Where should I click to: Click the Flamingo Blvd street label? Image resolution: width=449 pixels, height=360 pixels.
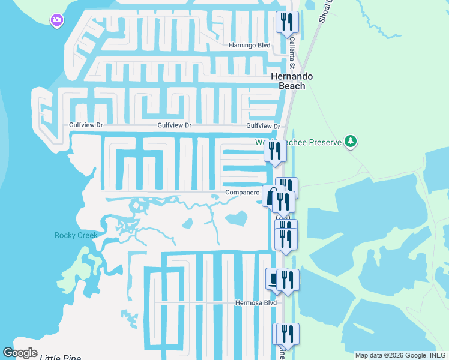(249, 46)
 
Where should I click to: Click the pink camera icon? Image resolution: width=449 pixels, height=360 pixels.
(57, 21)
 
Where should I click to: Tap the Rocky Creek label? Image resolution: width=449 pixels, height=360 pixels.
(76, 235)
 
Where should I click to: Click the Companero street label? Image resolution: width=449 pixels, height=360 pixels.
(241, 193)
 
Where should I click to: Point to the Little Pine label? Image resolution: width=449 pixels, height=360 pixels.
(60, 358)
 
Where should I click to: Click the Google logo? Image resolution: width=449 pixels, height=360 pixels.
(20, 353)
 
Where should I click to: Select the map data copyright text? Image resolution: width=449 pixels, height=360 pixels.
(400, 355)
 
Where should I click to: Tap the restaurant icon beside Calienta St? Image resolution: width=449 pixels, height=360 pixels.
(287, 23)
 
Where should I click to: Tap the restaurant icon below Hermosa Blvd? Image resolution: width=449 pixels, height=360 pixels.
(287, 335)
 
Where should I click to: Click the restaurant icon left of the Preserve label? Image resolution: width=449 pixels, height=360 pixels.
(276, 151)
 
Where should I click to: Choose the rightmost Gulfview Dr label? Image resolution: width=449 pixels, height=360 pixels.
(263, 126)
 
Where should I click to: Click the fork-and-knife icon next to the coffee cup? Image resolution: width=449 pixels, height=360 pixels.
(288, 280)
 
